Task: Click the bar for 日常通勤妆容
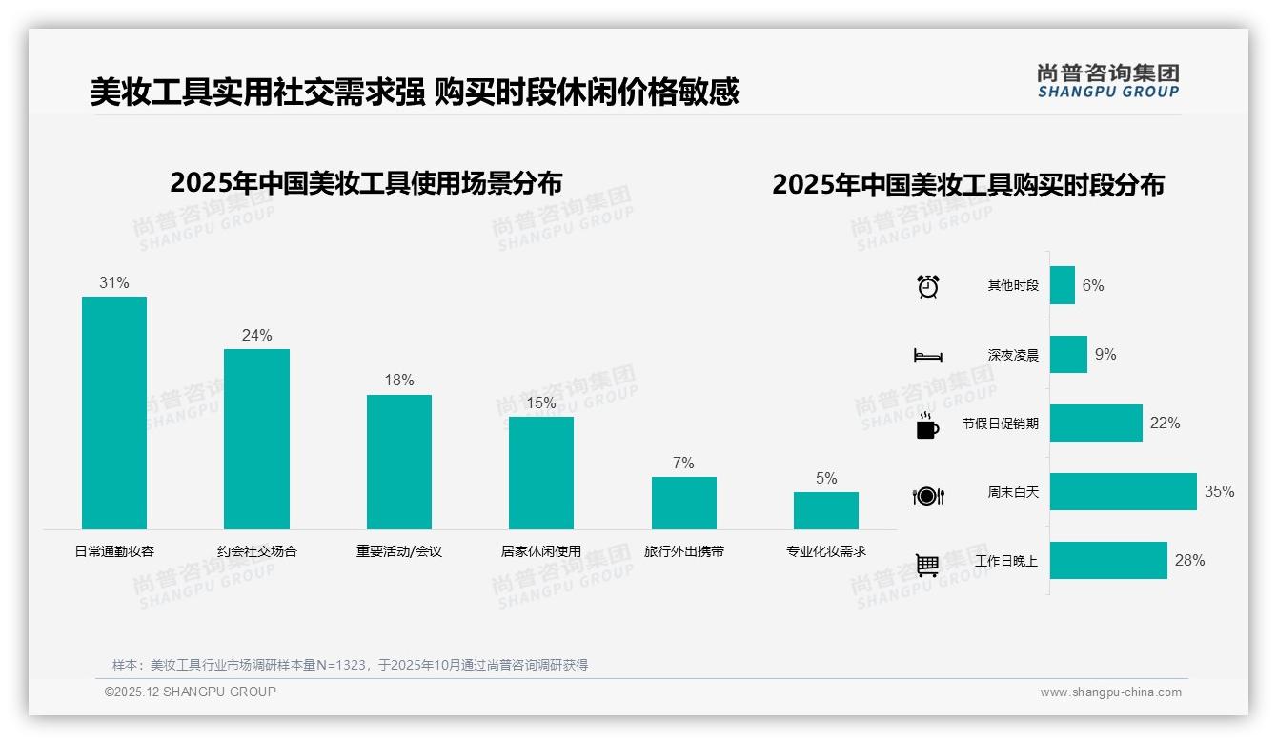tap(114, 413)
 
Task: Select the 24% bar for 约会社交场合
tap(256, 439)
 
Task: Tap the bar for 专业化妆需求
tap(826, 510)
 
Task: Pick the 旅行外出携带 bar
tap(683, 503)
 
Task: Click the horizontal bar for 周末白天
tap(1123, 492)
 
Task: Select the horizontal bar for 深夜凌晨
tap(1068, 355)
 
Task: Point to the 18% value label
tap(399, 381)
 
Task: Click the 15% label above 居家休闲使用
tap(541, 403)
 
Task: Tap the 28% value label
tap(1189, 561)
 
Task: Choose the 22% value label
tap(1165, 424)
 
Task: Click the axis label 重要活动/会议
tap(399, 551)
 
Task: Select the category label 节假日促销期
tap(1000, 424)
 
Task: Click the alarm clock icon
tap(928, 286)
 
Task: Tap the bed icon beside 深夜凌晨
tap(928, 356)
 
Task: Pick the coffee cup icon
tap(927, 425)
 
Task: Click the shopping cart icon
tap(927, 565)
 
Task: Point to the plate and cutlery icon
tap(928, 495)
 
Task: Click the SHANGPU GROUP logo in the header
tap(1107, 80)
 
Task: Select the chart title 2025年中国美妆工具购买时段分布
tap(968, 185)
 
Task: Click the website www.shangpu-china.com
tap(1110, 692)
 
